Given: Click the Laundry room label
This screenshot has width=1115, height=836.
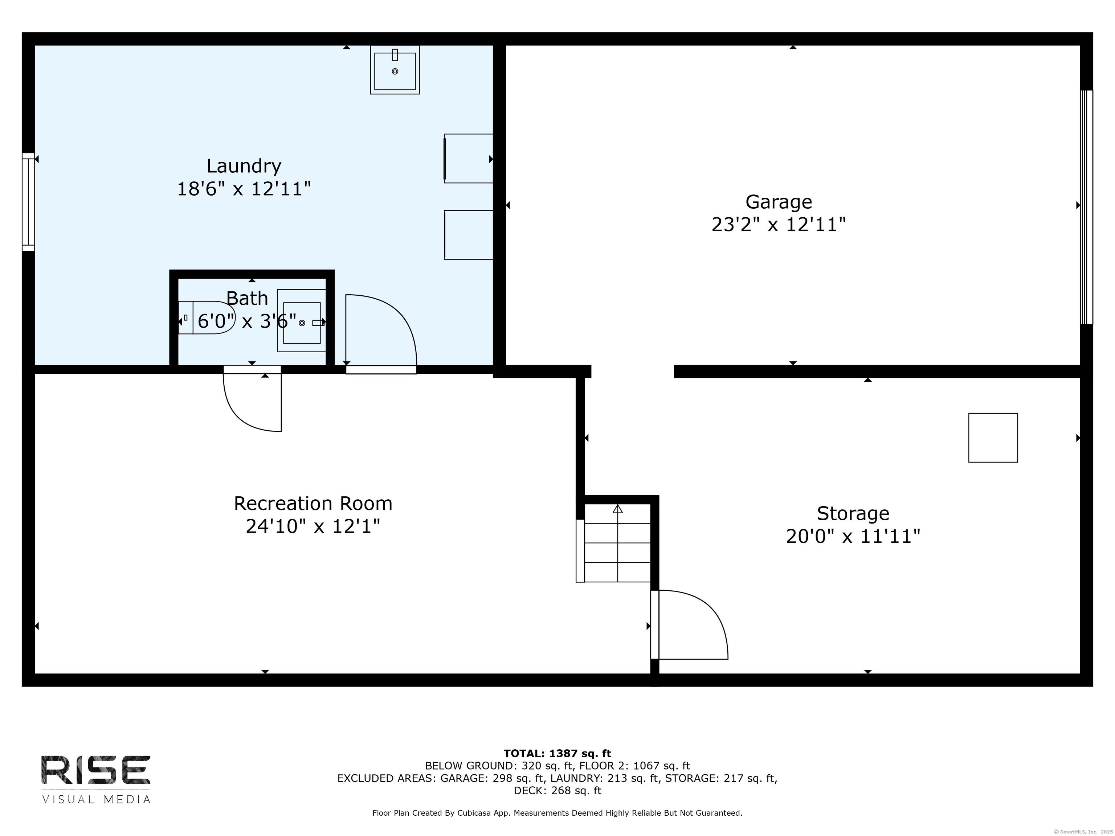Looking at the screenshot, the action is point(244,166).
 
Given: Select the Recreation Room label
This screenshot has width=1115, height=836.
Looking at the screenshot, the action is point(313,503).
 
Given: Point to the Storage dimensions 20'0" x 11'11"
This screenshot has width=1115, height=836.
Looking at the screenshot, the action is point(853,536).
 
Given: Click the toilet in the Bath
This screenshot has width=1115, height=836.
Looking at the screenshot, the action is point(207,317).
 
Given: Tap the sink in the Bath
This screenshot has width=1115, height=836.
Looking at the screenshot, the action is point(301,320).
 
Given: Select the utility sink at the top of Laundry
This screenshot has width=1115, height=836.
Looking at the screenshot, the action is point(395,70).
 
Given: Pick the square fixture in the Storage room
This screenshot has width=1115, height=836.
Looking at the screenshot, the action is point(993,437).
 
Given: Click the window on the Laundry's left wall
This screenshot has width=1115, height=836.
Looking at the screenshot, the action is point(28,202).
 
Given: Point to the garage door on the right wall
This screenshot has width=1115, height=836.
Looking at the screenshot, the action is point(1086,206).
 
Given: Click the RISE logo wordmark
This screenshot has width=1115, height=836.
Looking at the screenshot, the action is point(96,770).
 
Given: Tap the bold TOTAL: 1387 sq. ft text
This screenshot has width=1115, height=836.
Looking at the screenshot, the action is point(557,753).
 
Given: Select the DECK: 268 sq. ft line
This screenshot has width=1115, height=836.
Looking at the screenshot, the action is point(557,791).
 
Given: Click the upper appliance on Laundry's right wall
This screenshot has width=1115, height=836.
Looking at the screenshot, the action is point(468,158).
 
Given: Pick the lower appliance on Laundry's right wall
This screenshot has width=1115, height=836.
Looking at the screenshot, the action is point(468,235).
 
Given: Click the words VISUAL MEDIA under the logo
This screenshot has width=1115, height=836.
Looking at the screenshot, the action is point(96,799).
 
